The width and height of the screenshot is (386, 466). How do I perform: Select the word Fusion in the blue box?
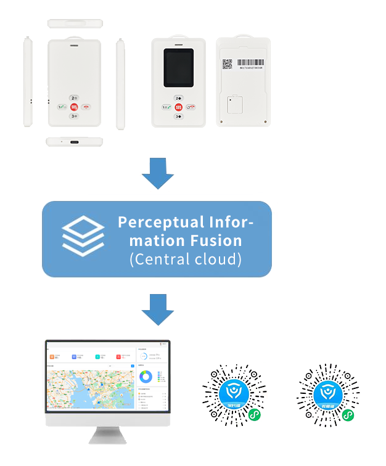point(216,240)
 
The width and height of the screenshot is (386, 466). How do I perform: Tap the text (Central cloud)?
point(186,259)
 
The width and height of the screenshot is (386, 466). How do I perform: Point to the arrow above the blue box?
point(158,173)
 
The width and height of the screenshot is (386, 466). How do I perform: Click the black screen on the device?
point(178,68)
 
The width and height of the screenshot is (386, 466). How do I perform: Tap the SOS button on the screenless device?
point(74,106)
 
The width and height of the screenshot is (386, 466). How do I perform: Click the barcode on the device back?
point(249,62)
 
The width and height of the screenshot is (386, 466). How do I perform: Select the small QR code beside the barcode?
point(227,63)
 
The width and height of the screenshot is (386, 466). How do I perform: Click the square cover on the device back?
point(234,105)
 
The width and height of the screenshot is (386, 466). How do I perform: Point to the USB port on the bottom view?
point(75,142)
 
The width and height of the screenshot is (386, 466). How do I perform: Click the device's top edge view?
point(75,23)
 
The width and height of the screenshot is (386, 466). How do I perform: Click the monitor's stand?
point(107,435)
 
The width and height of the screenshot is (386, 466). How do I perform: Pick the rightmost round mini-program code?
point(329,395)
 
